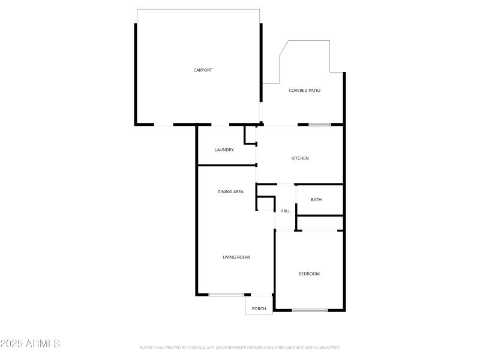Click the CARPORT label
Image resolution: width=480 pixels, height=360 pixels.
coord(203,70)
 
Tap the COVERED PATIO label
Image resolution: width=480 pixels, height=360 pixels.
coord(304,91)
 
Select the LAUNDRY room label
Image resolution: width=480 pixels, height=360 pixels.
coord(224,150)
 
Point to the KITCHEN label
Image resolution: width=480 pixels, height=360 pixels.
coord(300,158)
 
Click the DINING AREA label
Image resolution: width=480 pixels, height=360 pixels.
coord(230,192)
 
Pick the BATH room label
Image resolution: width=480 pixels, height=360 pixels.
coord(316,200)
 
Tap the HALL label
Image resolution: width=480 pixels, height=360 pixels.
coord(286,211)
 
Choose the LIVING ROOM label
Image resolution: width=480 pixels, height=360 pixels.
coord(236,257)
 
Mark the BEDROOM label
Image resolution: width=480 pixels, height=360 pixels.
coord(309,274)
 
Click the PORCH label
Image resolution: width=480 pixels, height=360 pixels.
coord(259,309)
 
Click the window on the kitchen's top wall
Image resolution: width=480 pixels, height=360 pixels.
coord(320,125)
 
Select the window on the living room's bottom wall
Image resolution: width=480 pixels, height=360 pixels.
coord(226,295)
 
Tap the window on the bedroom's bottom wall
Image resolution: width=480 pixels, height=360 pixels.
coord(310,310)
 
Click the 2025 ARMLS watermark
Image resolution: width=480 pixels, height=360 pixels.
coord(30,344)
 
